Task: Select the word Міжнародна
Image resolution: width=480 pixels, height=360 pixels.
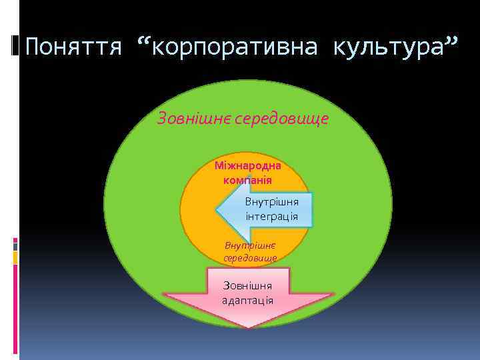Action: point(247,165)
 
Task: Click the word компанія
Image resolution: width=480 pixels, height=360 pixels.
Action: point(247,179)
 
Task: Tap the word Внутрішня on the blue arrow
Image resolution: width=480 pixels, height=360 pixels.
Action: point(271,201)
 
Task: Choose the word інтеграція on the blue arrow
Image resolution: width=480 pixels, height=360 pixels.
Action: point(271,217)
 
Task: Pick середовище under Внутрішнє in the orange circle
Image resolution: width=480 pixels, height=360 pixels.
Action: point(250,257)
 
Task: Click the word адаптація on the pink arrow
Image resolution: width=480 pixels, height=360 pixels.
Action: point(248,300)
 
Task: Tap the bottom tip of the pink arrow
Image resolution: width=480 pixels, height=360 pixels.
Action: point(248,327)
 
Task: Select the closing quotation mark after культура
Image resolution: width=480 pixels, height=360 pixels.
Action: point(451,44)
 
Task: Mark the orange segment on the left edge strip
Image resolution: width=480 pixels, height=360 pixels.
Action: point(15,257)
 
